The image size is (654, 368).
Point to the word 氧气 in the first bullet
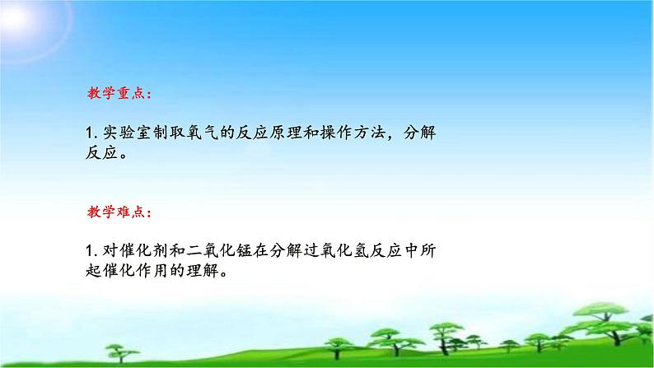click(x=210, y=132)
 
